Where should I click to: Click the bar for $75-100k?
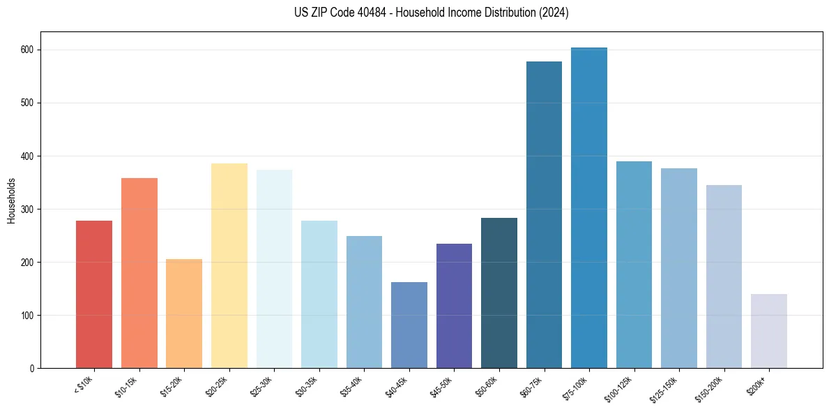click(x=589, y=209)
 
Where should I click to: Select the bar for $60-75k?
click(x=544, y=216)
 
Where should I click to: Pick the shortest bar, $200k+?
click(x=769, y=332)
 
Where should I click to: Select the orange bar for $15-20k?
click(x=184, y=314)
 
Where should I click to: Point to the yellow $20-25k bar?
click(x=229, y=265)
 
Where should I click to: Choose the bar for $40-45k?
click(x=409, y=325)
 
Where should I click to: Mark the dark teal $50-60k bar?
click(x=499, y=293)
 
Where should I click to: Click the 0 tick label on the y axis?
click(x=32, y=369)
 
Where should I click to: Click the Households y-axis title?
click(x=11, y=200)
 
